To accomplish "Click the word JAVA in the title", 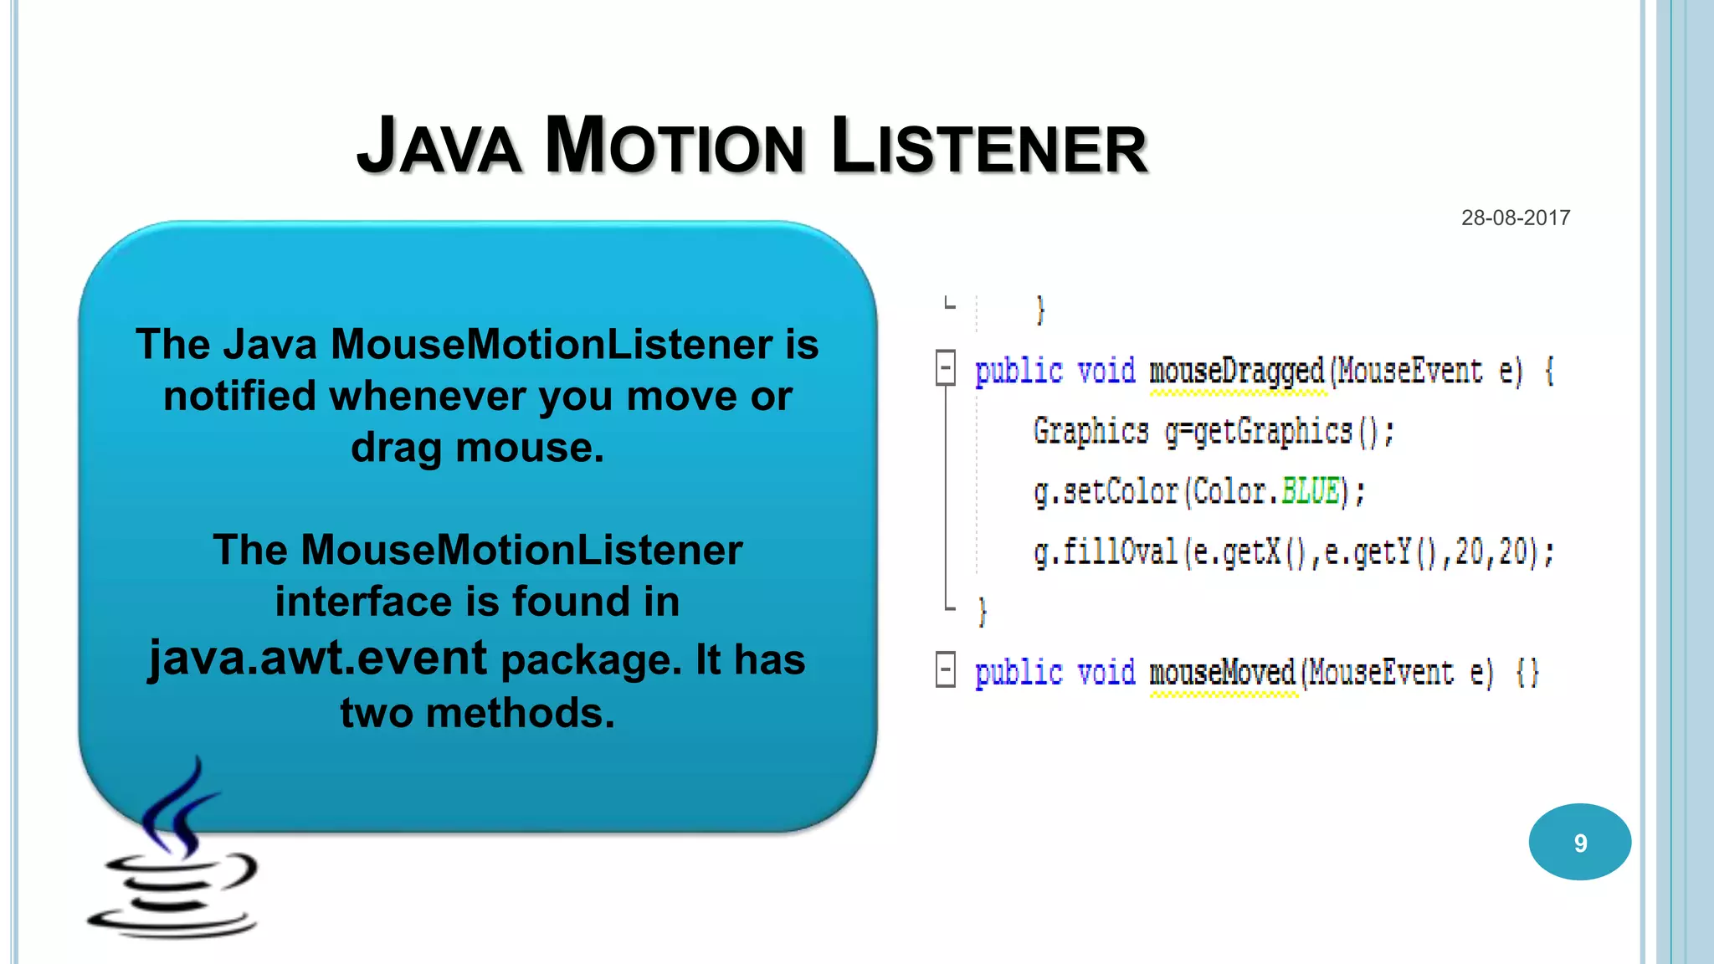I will pyautogui.click(x=439, y=147).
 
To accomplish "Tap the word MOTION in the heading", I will pyautogui.click(x=675, y=147).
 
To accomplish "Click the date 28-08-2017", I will pyautogui.click(x=1515, y=218).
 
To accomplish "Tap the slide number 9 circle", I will pyautogui.click(x=1579, y=842).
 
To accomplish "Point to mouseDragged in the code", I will pyautogui.click(x=1237, y=372).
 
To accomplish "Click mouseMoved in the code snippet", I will pyautogui.click(x=1222, y=673).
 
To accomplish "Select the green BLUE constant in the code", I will pyautogui.click(x=1311, y=491).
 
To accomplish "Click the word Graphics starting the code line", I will pyautogui.click(x=1090, y=432).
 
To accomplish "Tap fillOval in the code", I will pyautogui.click(x=1120, y=552).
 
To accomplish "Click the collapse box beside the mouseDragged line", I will pyautogui.click(x=946, y=367).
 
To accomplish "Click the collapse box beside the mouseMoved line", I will pyautogui.click(x=946, y=669).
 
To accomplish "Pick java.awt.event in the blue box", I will pyautogui.click(x=318, y=658).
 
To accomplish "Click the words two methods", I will pyautogui.click(x=477, y=713).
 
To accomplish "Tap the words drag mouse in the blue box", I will pyautogui.click(x=477, y=448).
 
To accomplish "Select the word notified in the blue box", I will pyautogui.click(x=241, y=396).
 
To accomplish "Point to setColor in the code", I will pyautogui.click(x=1120, y=492).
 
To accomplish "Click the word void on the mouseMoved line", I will pyautogui.click(x=1106, y=673).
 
